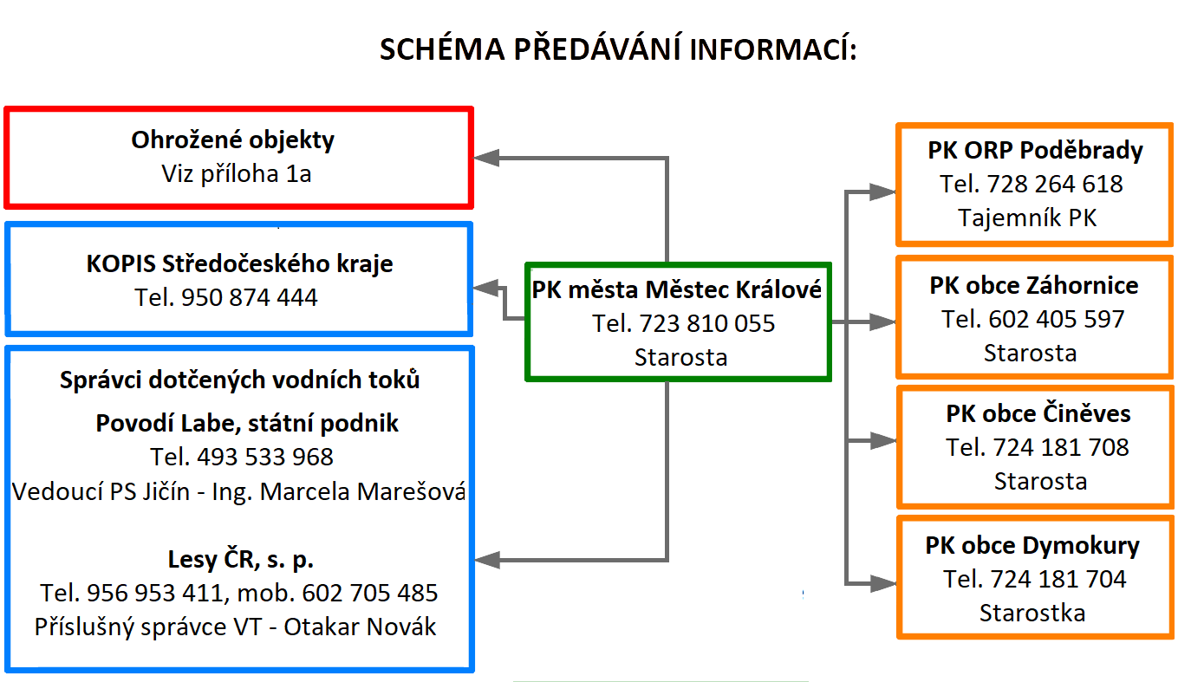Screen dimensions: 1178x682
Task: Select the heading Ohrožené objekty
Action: pos(232,140)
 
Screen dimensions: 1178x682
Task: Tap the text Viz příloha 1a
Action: pos(236,174)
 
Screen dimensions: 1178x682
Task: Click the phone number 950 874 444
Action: pos(250,297)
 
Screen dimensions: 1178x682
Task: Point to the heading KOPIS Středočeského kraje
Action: pos(239,264)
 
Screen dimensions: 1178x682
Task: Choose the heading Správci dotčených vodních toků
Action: pos(240,380)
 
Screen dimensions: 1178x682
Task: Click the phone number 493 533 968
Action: pos(265,457)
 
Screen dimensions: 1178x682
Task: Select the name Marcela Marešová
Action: pos(363,492)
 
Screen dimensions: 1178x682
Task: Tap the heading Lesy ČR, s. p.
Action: pos(241,560)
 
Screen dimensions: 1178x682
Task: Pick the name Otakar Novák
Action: pos(361,627)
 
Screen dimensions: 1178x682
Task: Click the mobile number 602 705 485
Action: pos(370,593)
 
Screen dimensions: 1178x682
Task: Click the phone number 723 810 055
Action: pos(706,323)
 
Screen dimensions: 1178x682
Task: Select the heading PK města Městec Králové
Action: pos(677,289)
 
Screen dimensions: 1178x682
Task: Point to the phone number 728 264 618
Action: pos(1055,184)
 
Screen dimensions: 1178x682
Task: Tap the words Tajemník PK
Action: pos(1027,218)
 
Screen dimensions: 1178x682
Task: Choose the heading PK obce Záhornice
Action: pos(1034,286)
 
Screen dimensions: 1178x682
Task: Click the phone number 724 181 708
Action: pos(1061,447)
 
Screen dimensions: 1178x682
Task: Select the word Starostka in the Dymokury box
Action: pos(1032,614)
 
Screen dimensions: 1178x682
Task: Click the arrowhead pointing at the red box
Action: pos(486,157)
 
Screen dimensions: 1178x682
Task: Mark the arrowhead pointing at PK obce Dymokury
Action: pos(883,583)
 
